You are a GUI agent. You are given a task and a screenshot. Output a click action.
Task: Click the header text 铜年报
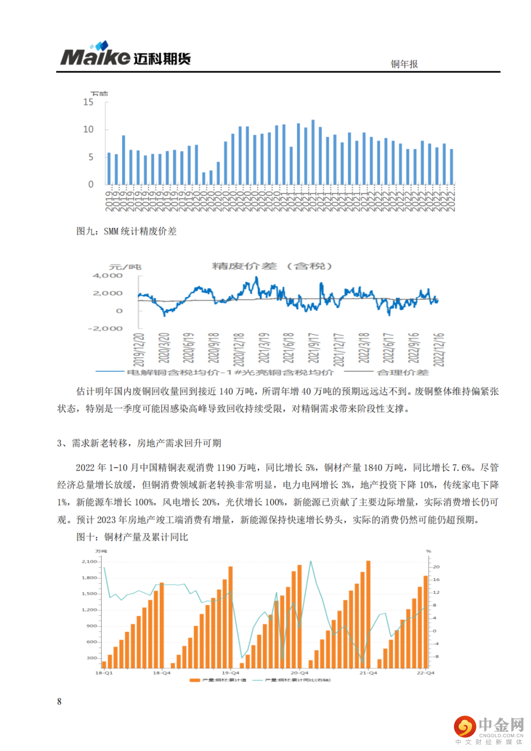(x=404, y=64)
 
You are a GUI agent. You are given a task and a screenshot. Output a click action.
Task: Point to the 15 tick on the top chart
(x=88, y=102)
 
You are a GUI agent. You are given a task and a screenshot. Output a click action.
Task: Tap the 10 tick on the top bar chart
(x=88, y=129)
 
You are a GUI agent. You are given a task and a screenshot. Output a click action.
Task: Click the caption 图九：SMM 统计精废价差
(x=126, y=231)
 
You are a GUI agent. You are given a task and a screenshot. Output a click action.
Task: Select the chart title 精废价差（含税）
(x=272, y=266)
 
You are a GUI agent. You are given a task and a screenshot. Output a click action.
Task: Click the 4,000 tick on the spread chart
(x=108, y=275)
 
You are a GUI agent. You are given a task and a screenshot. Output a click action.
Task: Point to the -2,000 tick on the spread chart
(x=105, y=328)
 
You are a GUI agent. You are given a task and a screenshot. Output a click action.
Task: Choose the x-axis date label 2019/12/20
(x=139, y=349)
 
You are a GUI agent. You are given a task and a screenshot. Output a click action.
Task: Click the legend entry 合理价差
(x=402, y=372)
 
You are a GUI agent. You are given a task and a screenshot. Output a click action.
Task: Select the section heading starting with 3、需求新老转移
(x=139, y=443)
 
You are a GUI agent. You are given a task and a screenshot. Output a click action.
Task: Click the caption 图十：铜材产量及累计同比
(x=132, y=537)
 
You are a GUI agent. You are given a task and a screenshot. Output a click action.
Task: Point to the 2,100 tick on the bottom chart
(x=89, y=561)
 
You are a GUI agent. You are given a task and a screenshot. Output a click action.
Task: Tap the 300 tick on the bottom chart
(x=92, y=658)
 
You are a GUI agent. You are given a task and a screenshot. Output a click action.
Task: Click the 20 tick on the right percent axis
(x=436, y=567)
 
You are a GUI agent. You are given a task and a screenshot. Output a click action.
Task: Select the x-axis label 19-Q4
(x=230, y=673)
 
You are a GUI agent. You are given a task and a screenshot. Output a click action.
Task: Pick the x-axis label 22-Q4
(x=426, y=673)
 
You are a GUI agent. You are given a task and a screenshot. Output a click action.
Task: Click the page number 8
(x=59, y=701)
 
